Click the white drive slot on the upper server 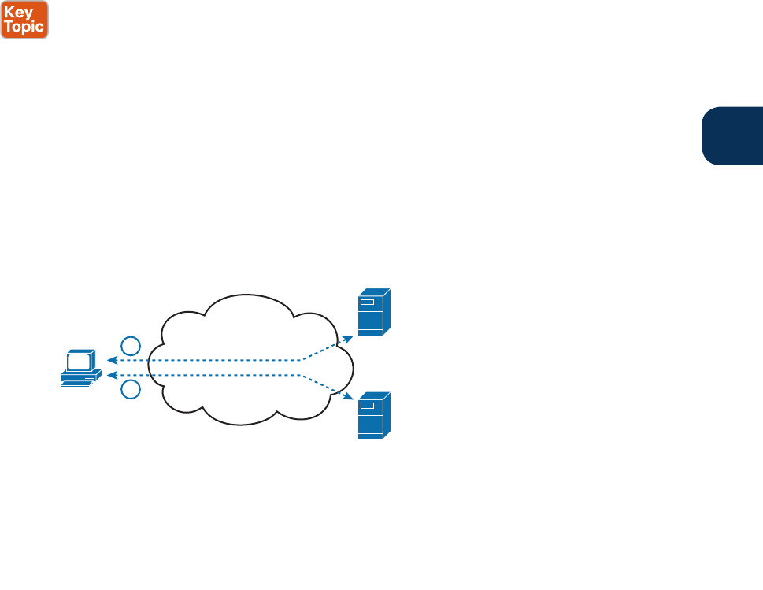coord(366,302)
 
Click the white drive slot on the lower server coord(366,405)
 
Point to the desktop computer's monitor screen coord(79,362)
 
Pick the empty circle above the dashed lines coord(131,345)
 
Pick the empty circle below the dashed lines coord(131,390)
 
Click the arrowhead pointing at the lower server coord(348,399)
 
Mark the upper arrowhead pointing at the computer coord(112,361)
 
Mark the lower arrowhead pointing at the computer coord(112,376)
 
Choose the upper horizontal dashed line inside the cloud coord(213,361)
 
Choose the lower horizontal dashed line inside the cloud coord(213,376)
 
